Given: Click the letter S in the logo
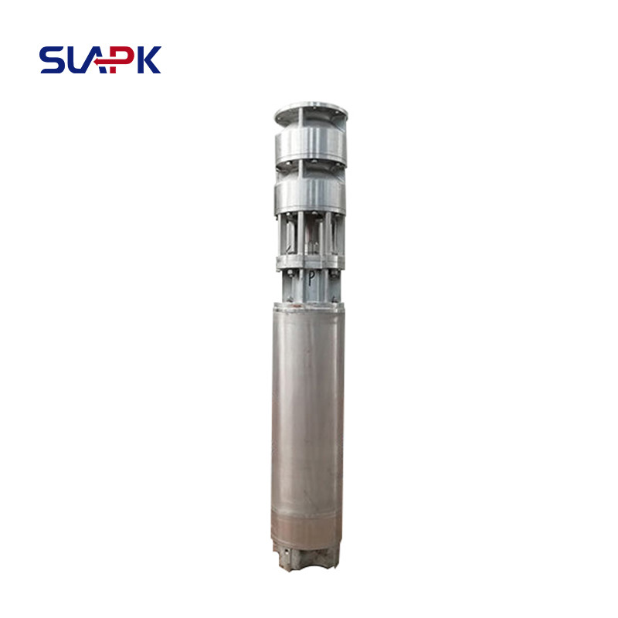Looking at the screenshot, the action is pyautogui.click(x=51, y=60).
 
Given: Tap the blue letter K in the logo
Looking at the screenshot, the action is pyautogui.click(x=149, y=60).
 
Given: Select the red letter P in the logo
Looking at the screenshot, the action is pyautogui.click(x=121, y=59).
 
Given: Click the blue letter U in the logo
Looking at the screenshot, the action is pyautogui.click(x=77, y=60).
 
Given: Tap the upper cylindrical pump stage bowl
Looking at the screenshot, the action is pyautogui.click(x=311, y=146).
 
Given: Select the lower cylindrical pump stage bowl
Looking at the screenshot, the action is pyautogui.click(x=311, y=195).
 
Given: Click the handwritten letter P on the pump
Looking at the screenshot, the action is pyautogui.click(x=311, y=279).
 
